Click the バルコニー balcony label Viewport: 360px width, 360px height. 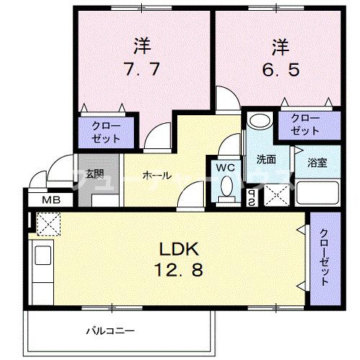111,330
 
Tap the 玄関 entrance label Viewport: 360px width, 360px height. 94,174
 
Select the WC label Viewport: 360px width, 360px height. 226,168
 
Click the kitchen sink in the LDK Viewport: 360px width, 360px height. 42,257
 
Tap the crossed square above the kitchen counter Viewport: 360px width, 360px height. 47,225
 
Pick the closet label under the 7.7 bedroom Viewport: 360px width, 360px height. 106,131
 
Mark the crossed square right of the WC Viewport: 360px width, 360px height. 274,194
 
